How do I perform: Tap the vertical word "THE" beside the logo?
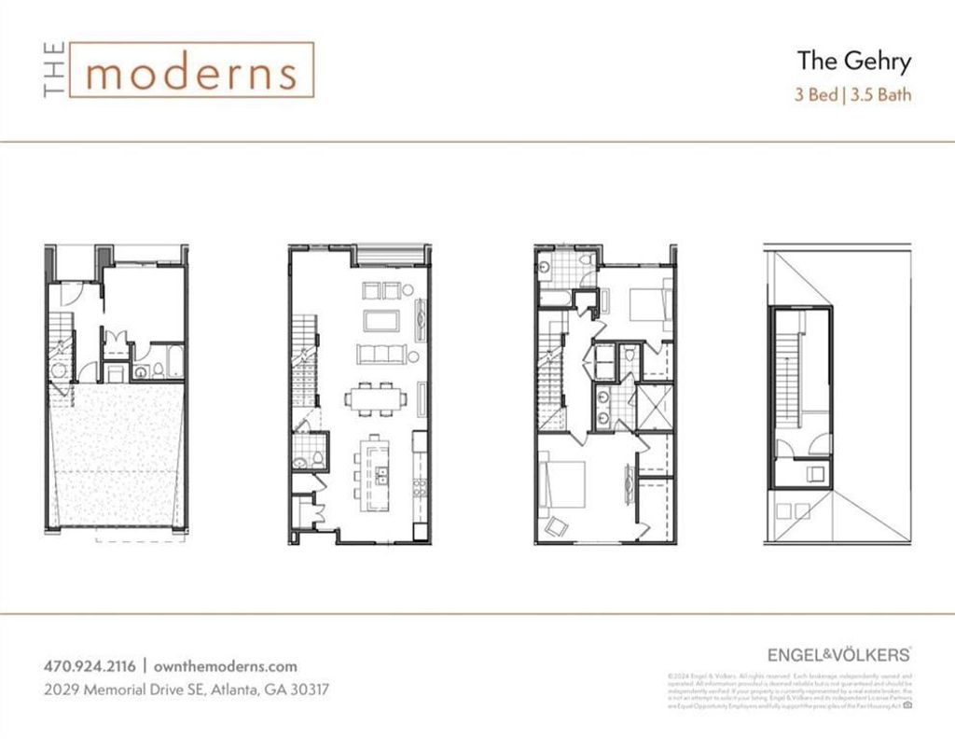pos(54,71)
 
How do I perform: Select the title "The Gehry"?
pos(853,62)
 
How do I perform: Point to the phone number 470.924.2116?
pos(90,666)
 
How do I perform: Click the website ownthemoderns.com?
pos(224,666)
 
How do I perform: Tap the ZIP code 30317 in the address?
pos(305,690)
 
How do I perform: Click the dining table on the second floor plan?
pos(376,398)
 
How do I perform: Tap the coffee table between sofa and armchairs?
pos(381,320)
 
